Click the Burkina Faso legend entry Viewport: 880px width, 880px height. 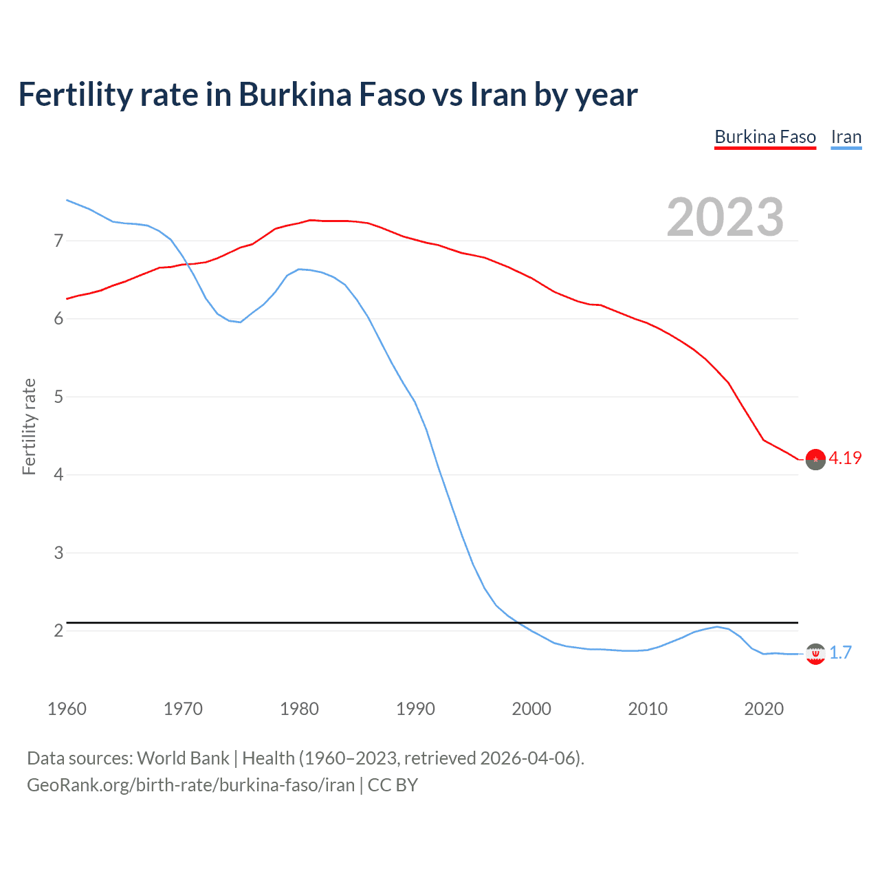pyautogui.click(x=765, y=137)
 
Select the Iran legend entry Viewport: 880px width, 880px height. pyautogui.click(x=846, y=137)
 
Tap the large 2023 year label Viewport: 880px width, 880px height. pyautogui.click(x=725, y=217)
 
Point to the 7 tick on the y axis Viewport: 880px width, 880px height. pyautogui.click(x=58, y=241)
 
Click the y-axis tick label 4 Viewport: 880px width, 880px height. pyautogui.click(x=58, y=474)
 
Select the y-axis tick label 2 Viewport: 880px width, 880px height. pyautogui.click(x=58, y=630)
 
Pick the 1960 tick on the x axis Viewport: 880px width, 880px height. pyautogui.click(x=67, y=709)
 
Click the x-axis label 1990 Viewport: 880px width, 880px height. pyautogui.click(x=415, y=709)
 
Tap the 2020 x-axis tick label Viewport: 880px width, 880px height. pyautogui.click(x=764, y=709)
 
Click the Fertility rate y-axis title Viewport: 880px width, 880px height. pyautogui.click(x=29, y=426)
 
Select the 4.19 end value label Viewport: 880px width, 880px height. pyautogui.click(x=845, y=458)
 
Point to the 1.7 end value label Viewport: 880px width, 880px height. pyautogui.click(x=840, y=652)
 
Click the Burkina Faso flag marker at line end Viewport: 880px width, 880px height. pyautogui.click(x=815, y=460)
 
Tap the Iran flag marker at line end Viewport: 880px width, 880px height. pyautogui.click(x=815, y=654)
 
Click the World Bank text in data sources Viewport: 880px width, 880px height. pyautogui.click(x=183, y=758)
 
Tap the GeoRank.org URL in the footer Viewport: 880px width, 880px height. pyautogui.click(x=190, y=785)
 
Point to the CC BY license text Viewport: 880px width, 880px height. pyautogui.click(x=393, y=785)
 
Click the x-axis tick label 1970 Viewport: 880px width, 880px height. pyautogui.click(x=183, y=709)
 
